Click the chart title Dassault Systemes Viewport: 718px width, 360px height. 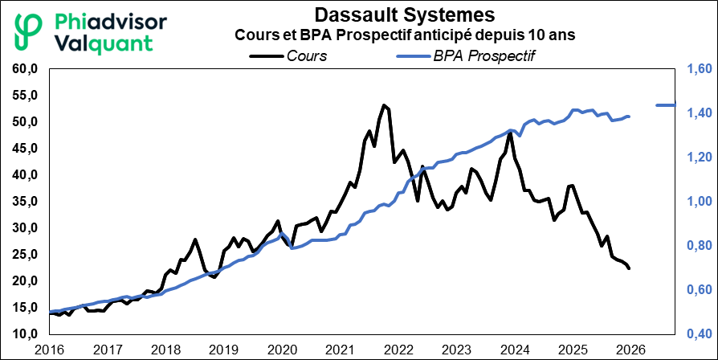pos(405,15)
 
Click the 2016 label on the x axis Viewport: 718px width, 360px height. pos(50,350)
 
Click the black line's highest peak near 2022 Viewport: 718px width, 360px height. pos(384,105)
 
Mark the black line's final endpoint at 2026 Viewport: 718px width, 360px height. pos(630,268)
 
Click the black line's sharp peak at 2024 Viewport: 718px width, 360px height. pos(509,132)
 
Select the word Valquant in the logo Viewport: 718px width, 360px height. pos(106,43)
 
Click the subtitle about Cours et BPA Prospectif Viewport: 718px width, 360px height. pos(405,35)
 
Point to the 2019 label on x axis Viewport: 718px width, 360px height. pos(224,350)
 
